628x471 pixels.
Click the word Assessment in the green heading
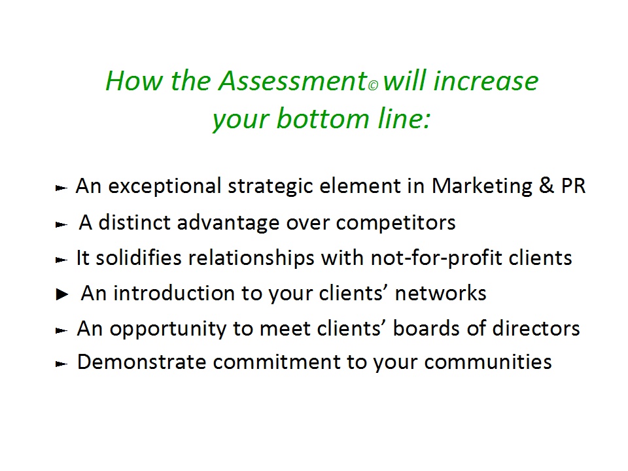point(293,81)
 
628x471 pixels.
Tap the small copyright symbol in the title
point(373,86)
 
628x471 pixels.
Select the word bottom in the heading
point(323,118)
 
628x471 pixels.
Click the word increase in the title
point(486,81)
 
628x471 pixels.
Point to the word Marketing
point(482,186)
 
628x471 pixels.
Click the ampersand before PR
point(546,186)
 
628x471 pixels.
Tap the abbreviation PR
point(573,186)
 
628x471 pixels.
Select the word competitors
point(396,222)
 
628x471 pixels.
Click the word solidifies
point(139,258)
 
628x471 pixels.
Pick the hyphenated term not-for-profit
point(436,258)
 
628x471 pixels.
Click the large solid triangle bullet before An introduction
point(62,294)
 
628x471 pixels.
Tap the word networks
point(440,293)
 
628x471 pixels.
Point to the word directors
point(536,328)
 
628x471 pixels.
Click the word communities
point(488,362)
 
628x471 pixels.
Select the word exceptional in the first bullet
point(165,186)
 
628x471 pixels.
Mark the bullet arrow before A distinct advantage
point(61,224)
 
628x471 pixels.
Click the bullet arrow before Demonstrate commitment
point(61,364)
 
